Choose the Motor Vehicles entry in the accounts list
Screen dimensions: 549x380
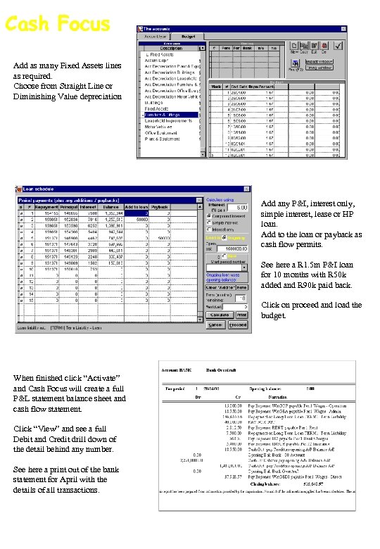tap(162, 127)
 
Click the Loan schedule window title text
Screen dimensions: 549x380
tap(38, 189)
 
